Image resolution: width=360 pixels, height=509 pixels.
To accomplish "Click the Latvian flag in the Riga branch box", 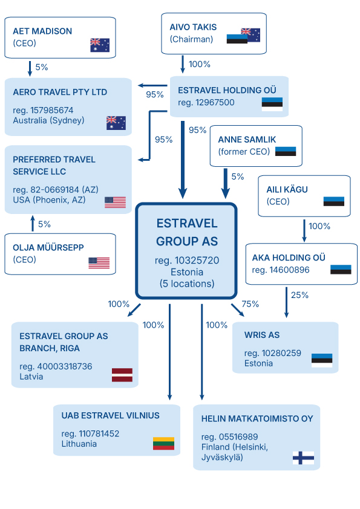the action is tap(122, 375).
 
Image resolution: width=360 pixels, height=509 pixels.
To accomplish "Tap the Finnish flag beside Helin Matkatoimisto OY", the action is tap(303, 458).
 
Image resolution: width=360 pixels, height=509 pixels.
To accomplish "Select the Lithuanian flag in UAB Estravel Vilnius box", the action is tap(163, 444).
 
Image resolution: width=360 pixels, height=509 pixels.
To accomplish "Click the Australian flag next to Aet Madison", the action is tap(100, 45).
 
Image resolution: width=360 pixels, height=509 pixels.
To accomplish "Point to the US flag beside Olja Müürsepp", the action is tap(99, 263).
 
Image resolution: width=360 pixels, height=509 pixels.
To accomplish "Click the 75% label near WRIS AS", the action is tap(250, 304).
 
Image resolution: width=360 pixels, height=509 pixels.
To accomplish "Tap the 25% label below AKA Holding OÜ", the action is tap(299, 295).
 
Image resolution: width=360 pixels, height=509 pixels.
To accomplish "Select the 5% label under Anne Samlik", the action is tap(238, 177).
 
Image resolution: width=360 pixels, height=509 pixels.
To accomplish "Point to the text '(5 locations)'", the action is tap(187, 284).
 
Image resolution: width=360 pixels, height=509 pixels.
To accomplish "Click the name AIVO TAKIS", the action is tap(193, 27).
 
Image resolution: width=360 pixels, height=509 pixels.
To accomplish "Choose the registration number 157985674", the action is tap(51, 111).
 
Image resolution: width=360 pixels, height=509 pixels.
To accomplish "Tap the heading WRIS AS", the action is tap(262, 335).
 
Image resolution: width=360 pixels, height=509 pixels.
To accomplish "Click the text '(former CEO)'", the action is tap(244, 152).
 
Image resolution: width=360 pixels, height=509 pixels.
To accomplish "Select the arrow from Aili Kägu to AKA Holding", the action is tap(304, 231).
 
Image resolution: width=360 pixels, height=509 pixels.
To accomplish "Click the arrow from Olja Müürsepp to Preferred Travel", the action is tap(33, 223).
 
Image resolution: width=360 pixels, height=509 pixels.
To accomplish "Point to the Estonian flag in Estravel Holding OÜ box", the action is tap(272, 104).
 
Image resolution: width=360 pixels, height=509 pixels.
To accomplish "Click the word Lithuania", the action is tap(79, 444).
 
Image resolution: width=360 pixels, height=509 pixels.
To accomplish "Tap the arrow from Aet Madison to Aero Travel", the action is tap(30, 68).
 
